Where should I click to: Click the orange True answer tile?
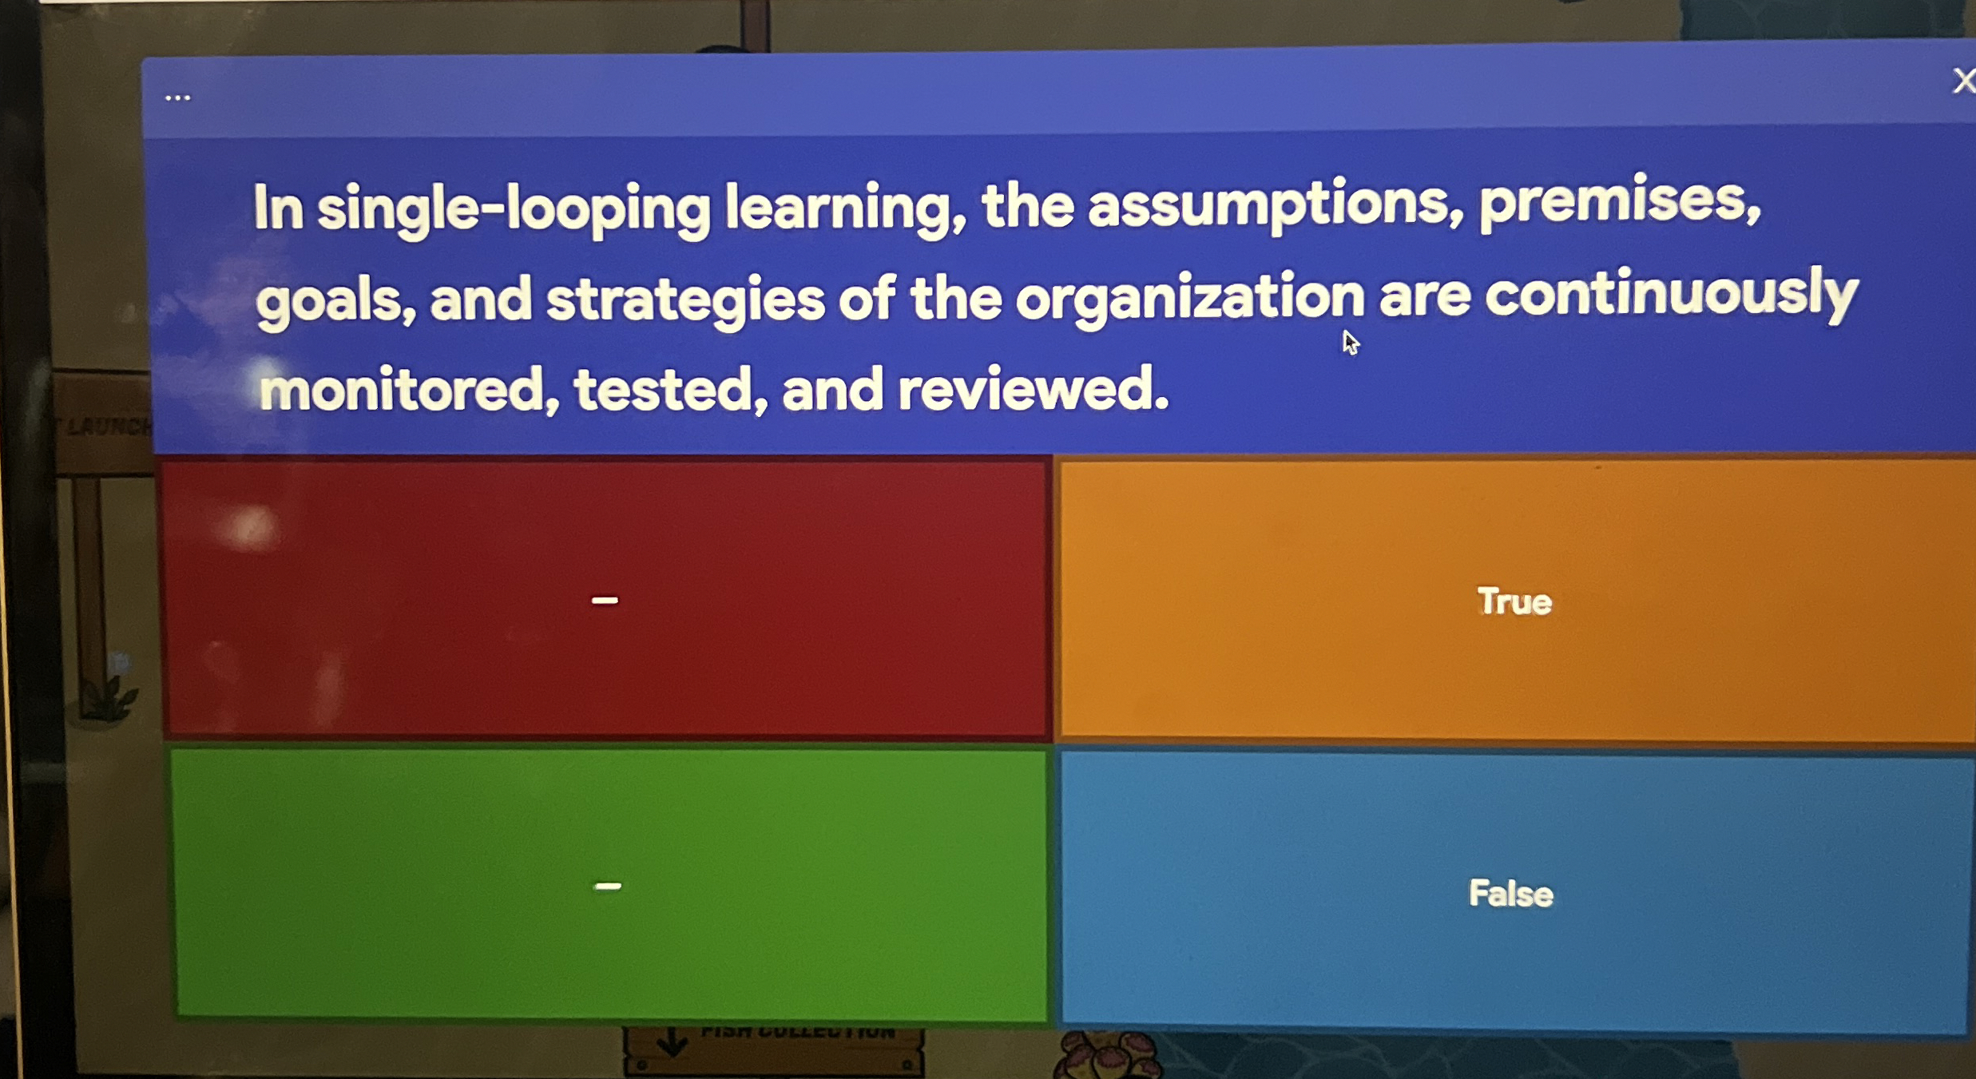pyautogui.click(x=1514, y=601)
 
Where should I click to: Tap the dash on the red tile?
pyautogui.click(x=605, y=601)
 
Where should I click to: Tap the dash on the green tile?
pyautogui.click(x=608, y=886)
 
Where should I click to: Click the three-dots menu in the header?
pyautogui.click(x=177, y=98)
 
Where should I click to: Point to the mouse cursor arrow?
pyautogui.click(x=1350, y=343)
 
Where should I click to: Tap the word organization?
pyautogui.click(x=1189, y=298)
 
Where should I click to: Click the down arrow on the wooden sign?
pyautogui.click(x=672, y=1041)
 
